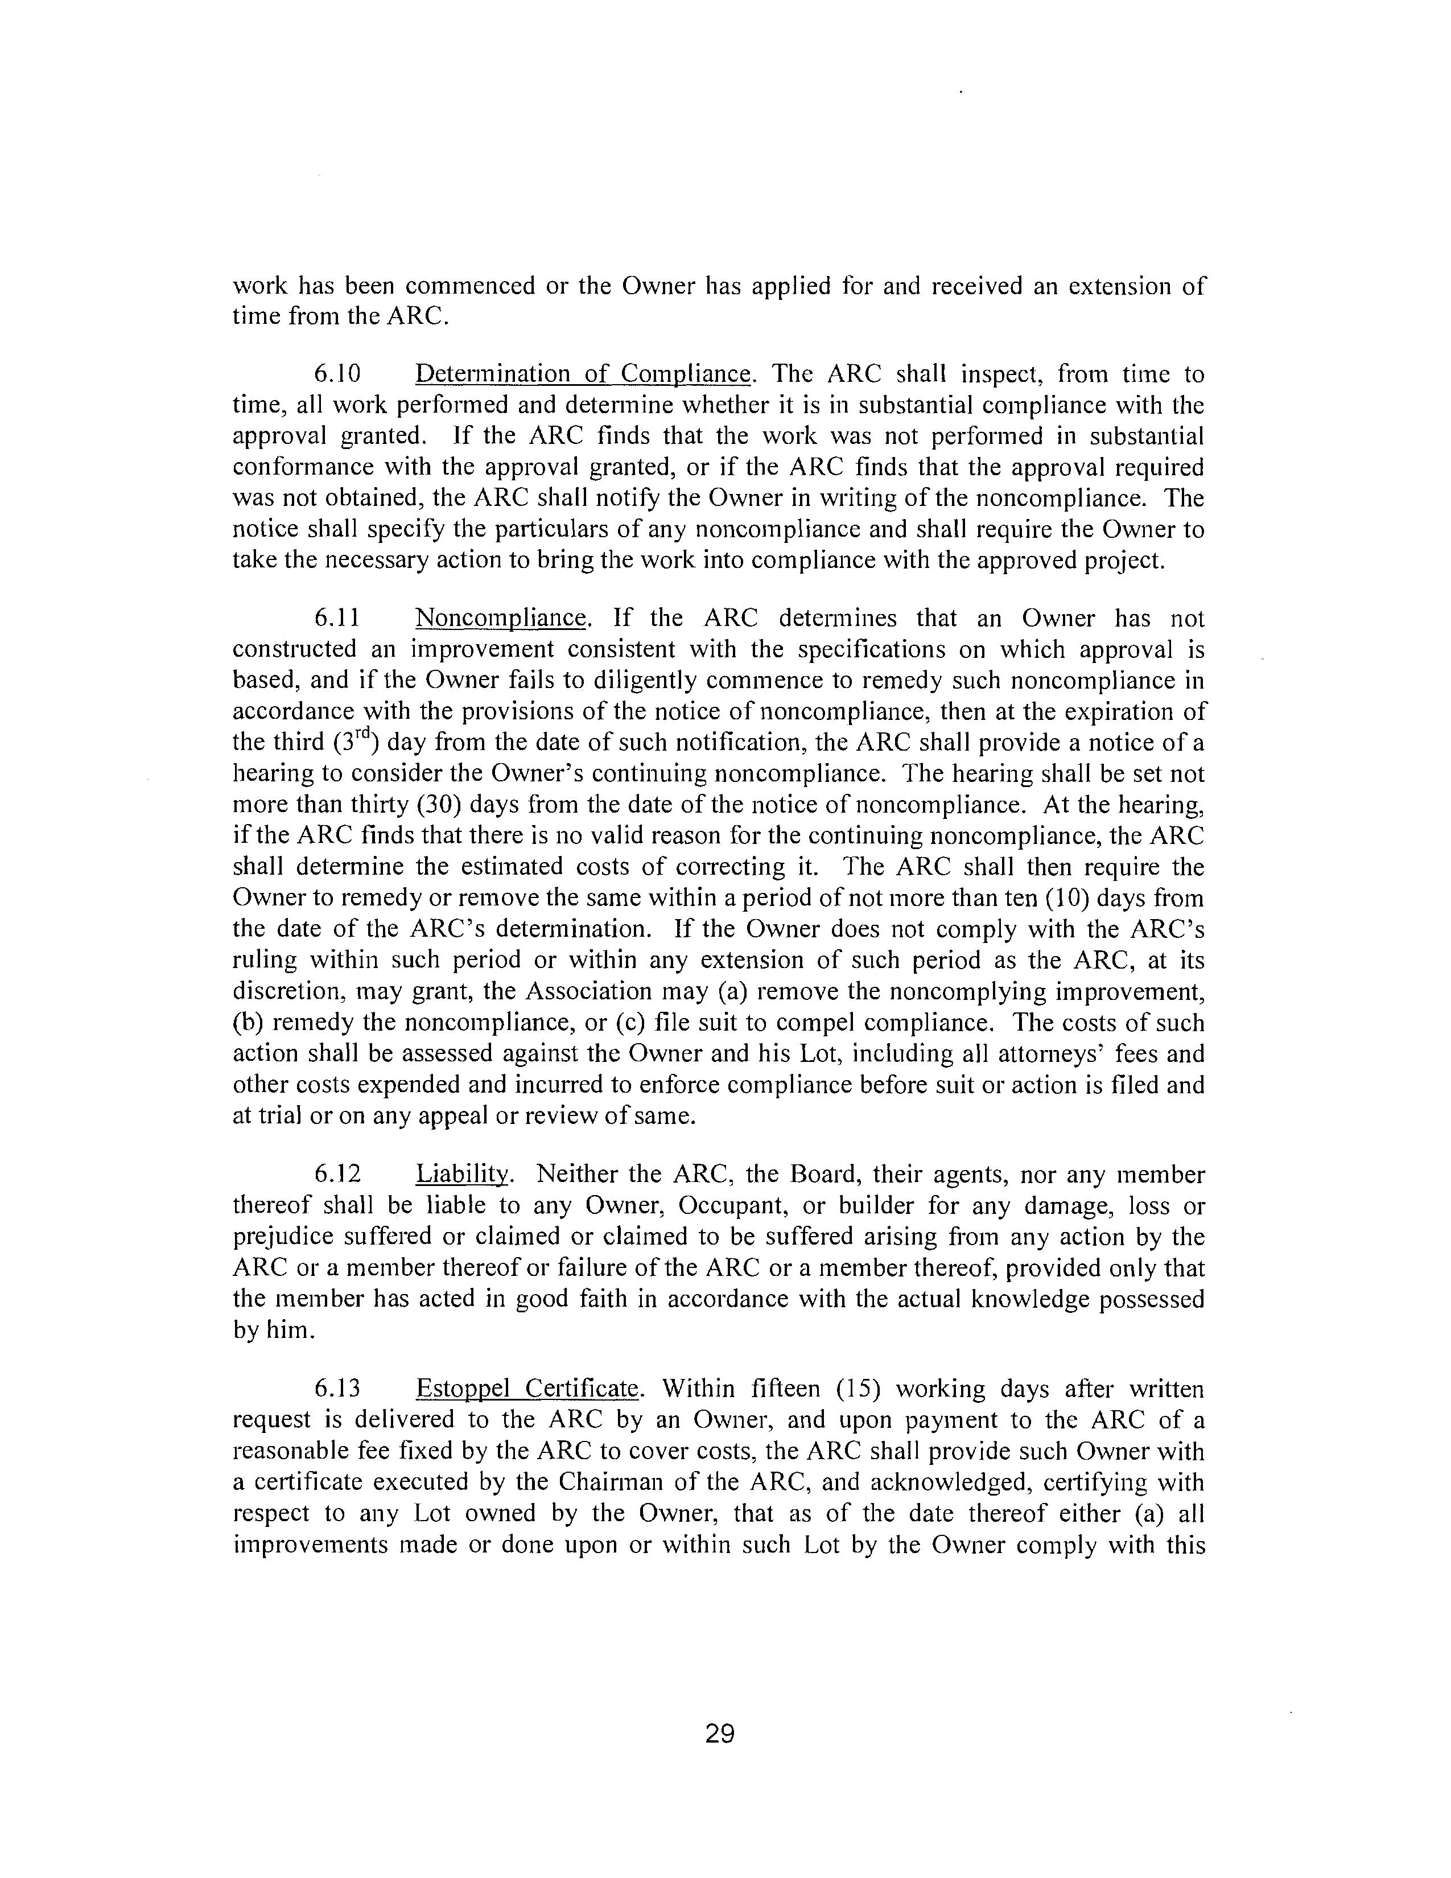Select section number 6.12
pos(337,1175)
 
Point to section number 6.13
pos(337,1389)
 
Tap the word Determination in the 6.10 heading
pos(493,375)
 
